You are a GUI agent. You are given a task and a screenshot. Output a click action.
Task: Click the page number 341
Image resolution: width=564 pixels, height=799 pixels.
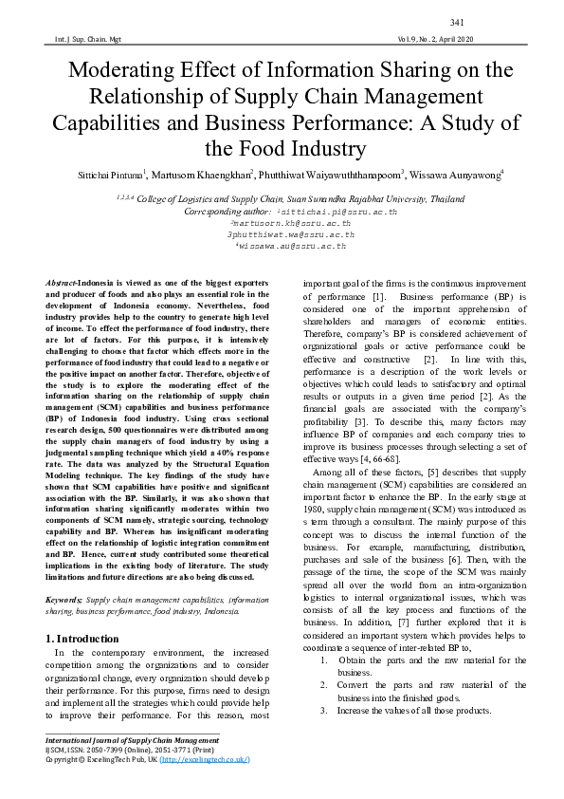(x=456, y=22)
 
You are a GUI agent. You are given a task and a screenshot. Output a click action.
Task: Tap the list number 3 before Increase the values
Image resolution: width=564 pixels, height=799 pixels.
(x=325, y=711)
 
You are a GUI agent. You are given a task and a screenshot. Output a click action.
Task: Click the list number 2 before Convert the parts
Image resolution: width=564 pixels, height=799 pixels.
(x=325, y=685)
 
